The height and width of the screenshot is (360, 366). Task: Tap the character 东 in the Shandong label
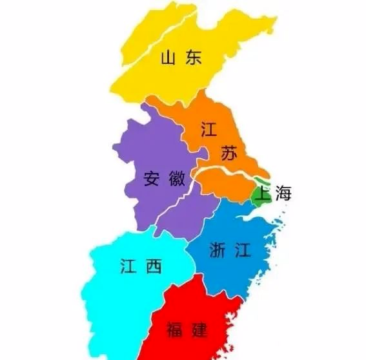[x=193, y=59]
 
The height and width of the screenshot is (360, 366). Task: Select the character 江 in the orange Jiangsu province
[x=208, y=128]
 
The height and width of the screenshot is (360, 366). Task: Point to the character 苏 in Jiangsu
[x=228, y=154]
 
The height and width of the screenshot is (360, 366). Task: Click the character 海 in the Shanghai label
[x=284, y=193]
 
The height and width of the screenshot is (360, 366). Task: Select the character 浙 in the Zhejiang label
[x=219, y=251]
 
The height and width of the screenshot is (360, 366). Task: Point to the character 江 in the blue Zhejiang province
[x=243, y=251]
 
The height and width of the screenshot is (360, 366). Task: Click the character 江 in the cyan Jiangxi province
[x=128, y=266]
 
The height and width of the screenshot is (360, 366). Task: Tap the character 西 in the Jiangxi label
[x=153, y=266]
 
